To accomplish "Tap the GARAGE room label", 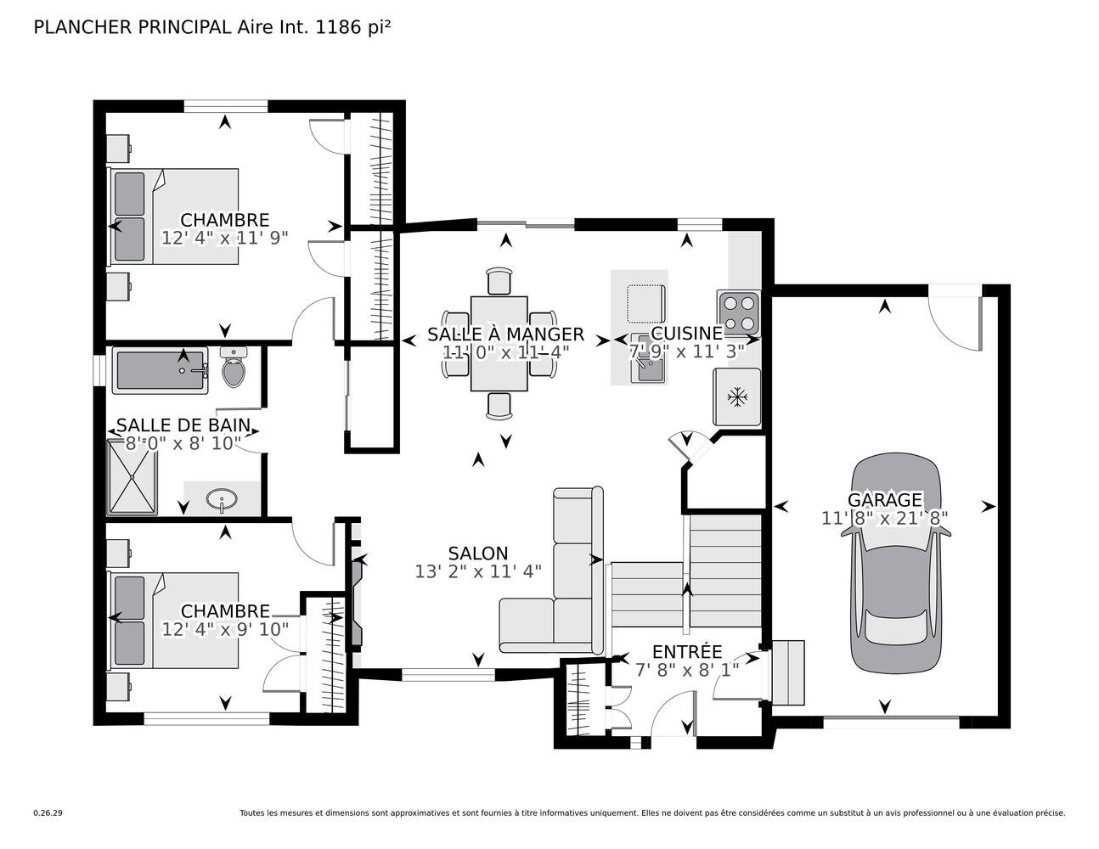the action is click(884, 500).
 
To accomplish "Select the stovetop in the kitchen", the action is click(738, 312).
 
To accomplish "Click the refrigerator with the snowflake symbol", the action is click(737, 396).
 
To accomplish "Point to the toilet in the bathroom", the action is click(234, 367).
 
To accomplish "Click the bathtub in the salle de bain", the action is click(160, 370).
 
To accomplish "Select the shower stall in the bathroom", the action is click(132, 477).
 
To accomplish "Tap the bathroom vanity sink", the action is click(222, 499).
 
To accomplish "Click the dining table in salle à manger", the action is click(499, 344).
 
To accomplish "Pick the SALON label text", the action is click(478, 554).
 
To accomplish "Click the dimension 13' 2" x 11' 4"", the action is click(478, 571).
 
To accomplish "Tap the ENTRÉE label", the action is click(687, 651).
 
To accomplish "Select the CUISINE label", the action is click(687, 333).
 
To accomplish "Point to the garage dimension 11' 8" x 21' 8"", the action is click(884, 518).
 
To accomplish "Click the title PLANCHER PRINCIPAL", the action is click(132, 27).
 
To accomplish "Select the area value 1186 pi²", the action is click(353, 27).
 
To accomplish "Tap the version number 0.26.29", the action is click(48, 813).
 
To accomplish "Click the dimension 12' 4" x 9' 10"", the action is click(225, 629).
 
